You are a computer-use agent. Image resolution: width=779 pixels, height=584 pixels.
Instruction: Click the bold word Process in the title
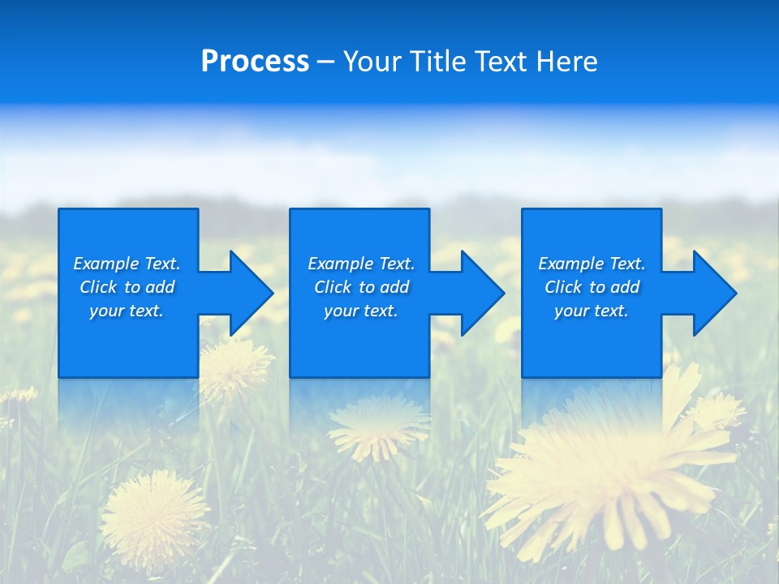(255, 62)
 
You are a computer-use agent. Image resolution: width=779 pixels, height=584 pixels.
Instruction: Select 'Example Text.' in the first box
(127, 264)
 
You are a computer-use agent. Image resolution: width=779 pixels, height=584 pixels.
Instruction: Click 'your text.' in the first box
(127, 311)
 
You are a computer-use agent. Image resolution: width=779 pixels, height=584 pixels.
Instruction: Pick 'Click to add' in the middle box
(361, 287)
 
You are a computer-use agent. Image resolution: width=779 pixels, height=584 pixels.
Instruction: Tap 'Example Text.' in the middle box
(361, 264)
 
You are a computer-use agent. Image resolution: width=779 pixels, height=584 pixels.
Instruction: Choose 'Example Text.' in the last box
(592, 264)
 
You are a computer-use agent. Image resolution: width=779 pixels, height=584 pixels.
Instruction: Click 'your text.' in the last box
(592, 311)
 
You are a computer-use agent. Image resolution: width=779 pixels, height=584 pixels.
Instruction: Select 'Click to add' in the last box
(592, 287)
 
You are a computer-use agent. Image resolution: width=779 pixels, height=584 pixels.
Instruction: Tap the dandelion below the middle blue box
(378, 425)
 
